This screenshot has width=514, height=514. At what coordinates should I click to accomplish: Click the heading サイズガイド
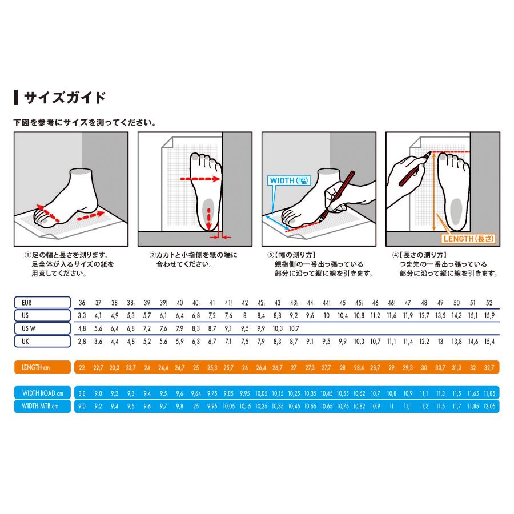coord(65,97)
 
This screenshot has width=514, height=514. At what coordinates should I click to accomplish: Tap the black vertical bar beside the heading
coord(16,97)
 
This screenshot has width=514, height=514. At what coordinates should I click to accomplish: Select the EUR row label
coord(42,303)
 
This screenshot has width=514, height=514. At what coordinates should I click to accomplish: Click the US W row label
coord(42,328)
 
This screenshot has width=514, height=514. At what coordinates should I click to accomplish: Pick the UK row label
coord(42,342)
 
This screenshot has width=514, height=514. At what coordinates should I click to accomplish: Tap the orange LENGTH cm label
coord(42,367)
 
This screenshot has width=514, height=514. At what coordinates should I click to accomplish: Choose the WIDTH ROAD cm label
coord(42,393)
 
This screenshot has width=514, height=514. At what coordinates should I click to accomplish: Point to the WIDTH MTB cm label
coord(42,406)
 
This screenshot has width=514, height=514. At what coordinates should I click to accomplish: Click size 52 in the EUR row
coord(489,303)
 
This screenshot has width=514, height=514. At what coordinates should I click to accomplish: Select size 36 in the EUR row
coord(82,303)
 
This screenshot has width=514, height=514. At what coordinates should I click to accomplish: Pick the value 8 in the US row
coord(244,315)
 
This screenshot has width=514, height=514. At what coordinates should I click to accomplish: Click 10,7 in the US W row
coord(294,328)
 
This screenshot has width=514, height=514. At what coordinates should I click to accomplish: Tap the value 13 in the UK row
coord(440,342)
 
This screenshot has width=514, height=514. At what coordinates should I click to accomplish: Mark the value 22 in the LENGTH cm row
coord(82,367)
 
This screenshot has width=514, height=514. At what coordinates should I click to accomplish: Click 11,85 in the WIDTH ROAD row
coord(489,393)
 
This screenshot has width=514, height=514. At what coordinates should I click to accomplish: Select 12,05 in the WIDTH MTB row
coord(489,406)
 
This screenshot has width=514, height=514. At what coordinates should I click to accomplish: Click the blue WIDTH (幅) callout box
coord(289,180)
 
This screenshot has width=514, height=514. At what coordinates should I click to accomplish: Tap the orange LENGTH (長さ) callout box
coord(468,239)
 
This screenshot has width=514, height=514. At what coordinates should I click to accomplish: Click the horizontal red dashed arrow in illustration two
coord(200,179)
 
